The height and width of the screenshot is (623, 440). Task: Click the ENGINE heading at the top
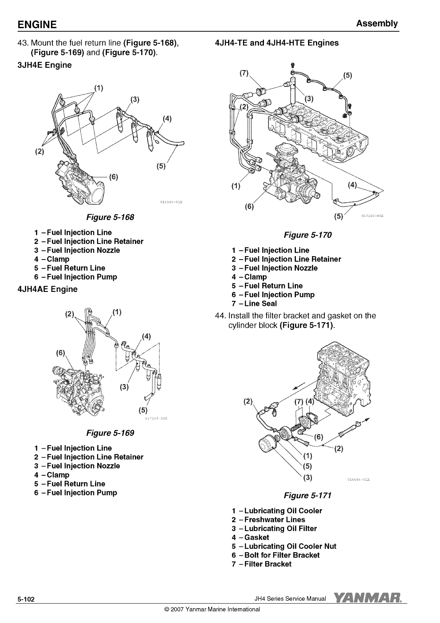coord(37,24)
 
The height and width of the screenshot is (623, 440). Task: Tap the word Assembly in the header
coord(377,24)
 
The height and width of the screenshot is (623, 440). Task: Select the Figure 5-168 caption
coord(110,217)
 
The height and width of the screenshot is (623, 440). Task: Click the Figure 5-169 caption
coord(110,433)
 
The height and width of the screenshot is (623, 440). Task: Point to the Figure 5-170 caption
coord(308,235)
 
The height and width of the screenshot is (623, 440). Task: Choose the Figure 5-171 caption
coord(308,496)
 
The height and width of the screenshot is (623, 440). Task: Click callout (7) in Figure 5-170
coord(244,73)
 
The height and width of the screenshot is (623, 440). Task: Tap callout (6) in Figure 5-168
coord(113,177)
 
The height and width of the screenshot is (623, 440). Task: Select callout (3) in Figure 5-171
coord(307,478)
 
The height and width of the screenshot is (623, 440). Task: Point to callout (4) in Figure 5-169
coord(146,336)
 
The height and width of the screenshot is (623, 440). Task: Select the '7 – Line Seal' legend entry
coord(254,303)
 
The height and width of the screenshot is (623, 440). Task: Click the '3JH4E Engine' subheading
coord(44,65)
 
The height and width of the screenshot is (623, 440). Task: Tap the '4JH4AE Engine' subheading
coord(48,289)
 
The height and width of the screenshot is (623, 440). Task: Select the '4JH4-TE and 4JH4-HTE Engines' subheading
coord(277,43)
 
